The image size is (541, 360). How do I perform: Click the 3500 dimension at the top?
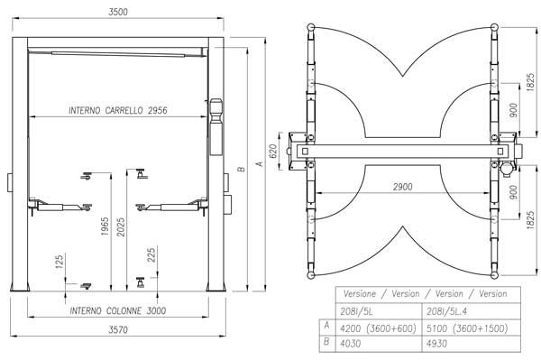[118, 12]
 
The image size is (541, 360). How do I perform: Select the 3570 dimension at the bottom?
[118, 329]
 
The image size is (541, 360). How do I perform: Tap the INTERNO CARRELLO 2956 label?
[117, 110]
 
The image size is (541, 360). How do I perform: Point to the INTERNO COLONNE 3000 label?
[117, 310]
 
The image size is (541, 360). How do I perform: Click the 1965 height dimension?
[105, 226]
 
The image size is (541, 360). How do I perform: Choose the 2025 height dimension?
[121, 227]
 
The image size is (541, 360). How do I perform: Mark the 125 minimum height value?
[60, 262]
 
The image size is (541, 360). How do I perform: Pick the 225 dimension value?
[151, 255]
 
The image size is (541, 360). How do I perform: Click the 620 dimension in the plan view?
[272, 152]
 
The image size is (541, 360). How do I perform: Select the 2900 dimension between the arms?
[403, 187]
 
